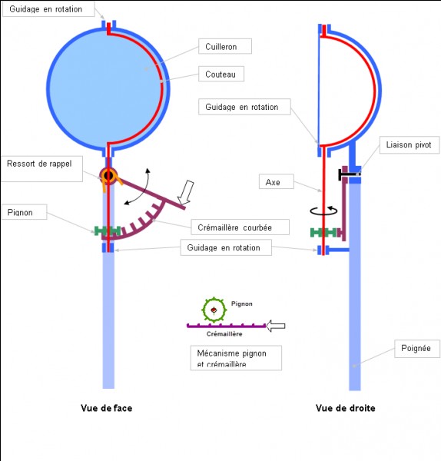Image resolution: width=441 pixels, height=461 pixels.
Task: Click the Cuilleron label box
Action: (225, 46)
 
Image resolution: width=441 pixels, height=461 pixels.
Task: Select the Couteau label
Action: (221, 74)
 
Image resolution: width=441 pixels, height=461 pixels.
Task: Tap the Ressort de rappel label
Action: (41, 169)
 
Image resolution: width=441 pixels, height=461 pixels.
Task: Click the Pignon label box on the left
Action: (24, 212)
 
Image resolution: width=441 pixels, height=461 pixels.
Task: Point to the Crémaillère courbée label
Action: (240, 227)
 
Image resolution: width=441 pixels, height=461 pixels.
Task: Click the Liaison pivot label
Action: (409, 144)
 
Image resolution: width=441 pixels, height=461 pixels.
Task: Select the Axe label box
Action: (276, 181)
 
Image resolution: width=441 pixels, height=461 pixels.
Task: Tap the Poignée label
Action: (417, 349)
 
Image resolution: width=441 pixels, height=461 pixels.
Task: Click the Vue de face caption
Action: (107, 408)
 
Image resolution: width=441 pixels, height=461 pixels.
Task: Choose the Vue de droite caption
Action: (346, 408)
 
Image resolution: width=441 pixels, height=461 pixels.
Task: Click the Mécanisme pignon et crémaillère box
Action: (236, 358)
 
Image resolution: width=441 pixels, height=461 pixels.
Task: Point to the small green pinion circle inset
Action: (214, 310)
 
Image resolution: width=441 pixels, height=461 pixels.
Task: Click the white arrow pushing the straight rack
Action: (276, 326)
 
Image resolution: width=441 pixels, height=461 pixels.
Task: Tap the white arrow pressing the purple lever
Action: (186, 192)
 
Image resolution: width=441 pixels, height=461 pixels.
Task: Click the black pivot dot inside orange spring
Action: (108, 175)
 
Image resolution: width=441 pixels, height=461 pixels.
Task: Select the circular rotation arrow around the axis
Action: (323, 211)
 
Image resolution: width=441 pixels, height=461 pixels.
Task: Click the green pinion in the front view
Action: (108, 230)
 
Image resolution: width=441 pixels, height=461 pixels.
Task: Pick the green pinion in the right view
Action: (323, 233)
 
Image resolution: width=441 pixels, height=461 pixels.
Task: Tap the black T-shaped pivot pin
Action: (349, 174)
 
